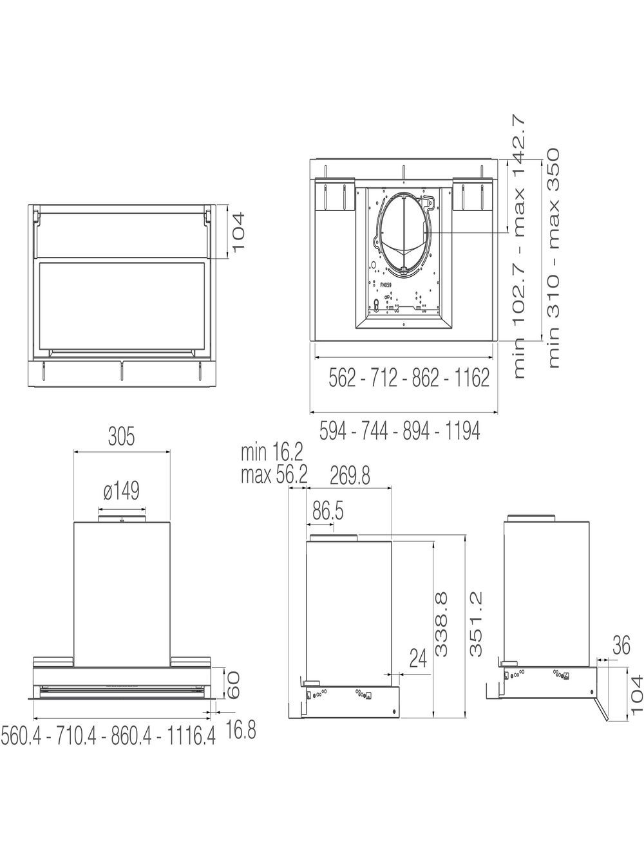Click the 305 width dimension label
(122, 436)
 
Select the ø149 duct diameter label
(122, 491)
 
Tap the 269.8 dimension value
(350, 476)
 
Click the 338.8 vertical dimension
(441, 624)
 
